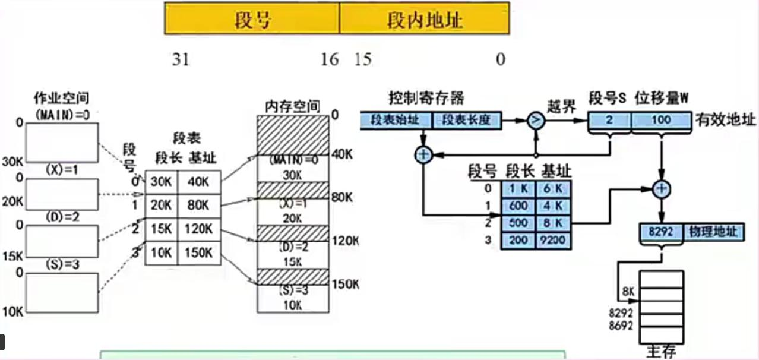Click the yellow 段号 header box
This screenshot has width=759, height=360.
coord(252,20)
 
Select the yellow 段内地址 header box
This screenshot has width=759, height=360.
coord(424,20)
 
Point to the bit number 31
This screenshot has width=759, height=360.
coord(181,59)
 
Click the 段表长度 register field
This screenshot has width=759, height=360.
coord(464,119)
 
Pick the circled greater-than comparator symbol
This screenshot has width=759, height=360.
coord(536,120)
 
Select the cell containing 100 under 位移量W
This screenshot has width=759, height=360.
coord(660,120)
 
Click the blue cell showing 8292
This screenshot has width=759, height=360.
coord(661,232)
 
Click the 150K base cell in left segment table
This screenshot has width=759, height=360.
coord(198,252)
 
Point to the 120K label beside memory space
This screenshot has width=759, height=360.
coord(346,240)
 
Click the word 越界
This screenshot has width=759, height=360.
coord(561,107)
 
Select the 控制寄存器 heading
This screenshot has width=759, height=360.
coord(426,97)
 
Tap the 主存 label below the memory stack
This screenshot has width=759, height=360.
coord(660,352)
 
